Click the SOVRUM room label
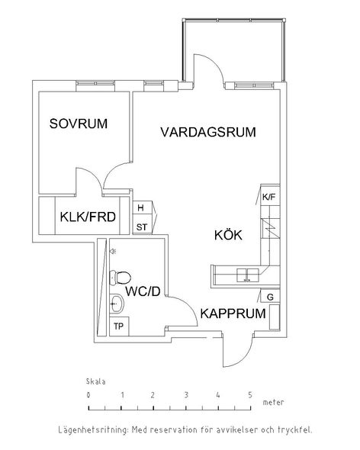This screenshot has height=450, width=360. [x=79, y=124]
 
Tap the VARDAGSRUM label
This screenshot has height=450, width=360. [x=208, y=132]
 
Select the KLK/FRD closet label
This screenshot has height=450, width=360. [x=88, y=217]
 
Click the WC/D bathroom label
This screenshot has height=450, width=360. [x=143, y=291]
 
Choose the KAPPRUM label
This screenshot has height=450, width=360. [x=233, y=313]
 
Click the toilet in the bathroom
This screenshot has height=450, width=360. [x=121, y=278]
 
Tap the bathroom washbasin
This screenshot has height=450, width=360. [x=117, y=304]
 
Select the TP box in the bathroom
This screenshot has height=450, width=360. [x=119, y=326]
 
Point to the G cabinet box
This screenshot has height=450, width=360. [x=270, y=297]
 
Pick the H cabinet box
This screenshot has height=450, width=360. [x=143, y=207]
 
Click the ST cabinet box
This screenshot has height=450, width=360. [x=143, y=227]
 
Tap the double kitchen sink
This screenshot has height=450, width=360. [x=247, y=275]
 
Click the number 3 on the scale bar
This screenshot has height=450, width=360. [x=186, y=395]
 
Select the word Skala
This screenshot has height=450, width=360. [x=95, y=381]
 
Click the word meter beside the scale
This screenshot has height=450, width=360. [x=273, y=403]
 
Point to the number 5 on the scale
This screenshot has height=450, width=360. [x=250, y=395]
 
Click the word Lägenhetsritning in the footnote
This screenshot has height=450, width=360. [x=93, y=430]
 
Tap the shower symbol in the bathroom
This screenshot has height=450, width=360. [x=113, y=252]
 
